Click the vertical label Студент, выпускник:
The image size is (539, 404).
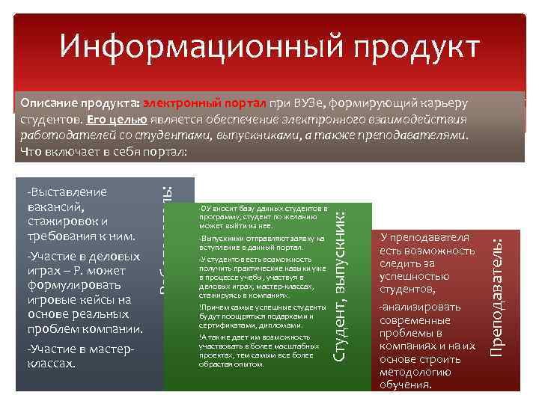click(x=340, y=288)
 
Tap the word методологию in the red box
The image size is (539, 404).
click(x=416, y=373)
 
